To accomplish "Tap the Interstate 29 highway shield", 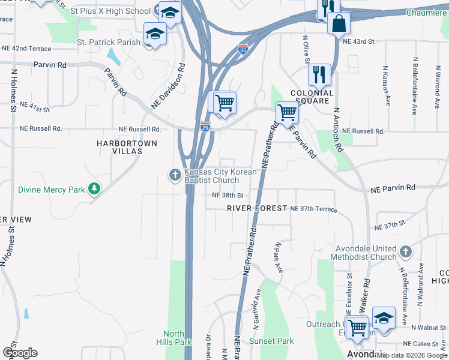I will (x=205, y=127).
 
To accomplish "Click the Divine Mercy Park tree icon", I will (x=94, y=190).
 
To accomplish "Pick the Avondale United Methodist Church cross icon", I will (x=405, y=251).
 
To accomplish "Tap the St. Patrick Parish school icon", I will (x=154, y=34).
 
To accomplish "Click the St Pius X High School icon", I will (x=170, y=11).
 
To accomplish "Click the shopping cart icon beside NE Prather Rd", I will (x=288, y=112).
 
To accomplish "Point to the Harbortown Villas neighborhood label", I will (x=127, y=147).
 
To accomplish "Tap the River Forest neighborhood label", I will (x=257, y=208).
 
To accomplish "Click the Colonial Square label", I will (x=312, y=97).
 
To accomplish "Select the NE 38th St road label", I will (x=228, y=196).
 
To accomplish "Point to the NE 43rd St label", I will (x=358, y=41).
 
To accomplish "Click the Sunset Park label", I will (x=271, y=341).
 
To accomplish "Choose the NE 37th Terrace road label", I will (x=313, y=209).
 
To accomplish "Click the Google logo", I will (x=20, y=353).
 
